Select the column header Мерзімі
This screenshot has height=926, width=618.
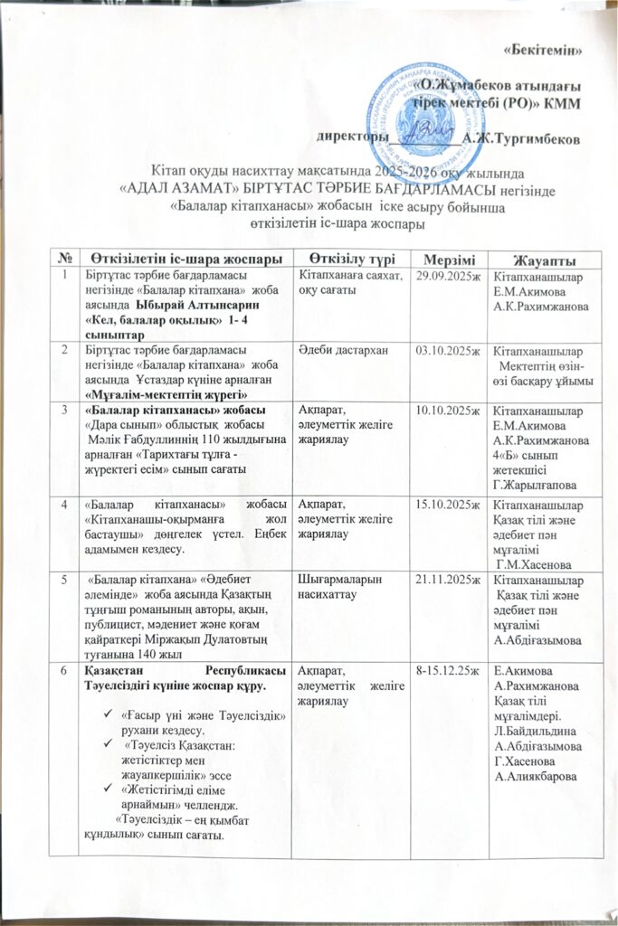(444, 258)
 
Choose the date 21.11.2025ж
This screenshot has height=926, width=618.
(444, 577)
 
